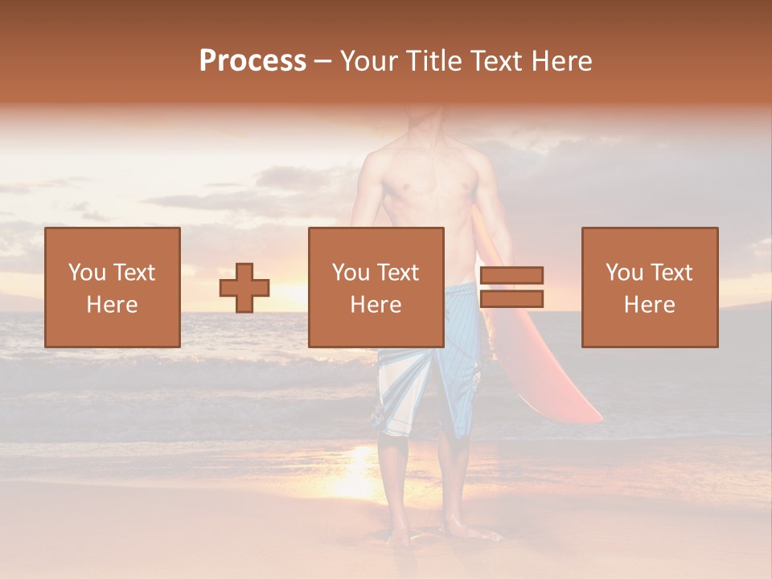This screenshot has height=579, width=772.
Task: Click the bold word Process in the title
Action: click(x=253, y=61)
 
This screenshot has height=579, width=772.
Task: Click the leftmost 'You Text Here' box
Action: click(x=113, y=287)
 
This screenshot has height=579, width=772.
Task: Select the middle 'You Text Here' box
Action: click(x=376, y=287)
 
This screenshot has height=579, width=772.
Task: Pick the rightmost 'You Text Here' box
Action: click(x=650, y=287)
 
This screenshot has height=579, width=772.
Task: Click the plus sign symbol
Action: click(x=244, y=288)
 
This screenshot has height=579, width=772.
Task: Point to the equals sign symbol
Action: click(x=511, y=287)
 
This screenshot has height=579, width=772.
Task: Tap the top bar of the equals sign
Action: click(x=511, y=275)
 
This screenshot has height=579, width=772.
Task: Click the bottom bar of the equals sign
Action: click(x=511, y=299)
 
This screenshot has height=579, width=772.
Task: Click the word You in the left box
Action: click(x=87, y=273)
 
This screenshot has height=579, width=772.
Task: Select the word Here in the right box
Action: click(x=650, y=305)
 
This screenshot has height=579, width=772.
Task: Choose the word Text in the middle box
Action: click(x=399, y=273)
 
